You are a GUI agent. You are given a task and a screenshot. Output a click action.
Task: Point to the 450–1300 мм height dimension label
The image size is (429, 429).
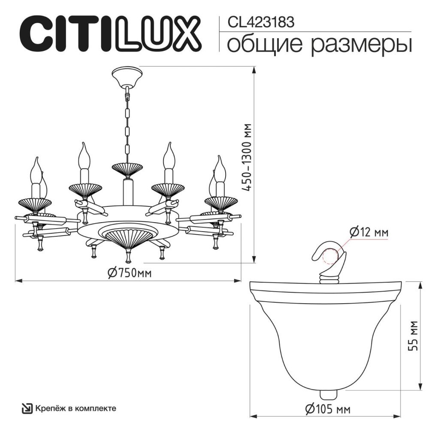[x=247, y=159]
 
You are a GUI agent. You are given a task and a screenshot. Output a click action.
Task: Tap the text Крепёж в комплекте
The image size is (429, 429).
[x=76, y=408]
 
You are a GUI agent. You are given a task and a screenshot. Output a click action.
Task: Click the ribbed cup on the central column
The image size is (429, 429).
[x=127, y=169]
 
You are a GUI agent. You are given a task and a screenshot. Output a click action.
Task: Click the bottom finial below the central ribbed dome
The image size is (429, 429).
[x=127, y=256]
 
